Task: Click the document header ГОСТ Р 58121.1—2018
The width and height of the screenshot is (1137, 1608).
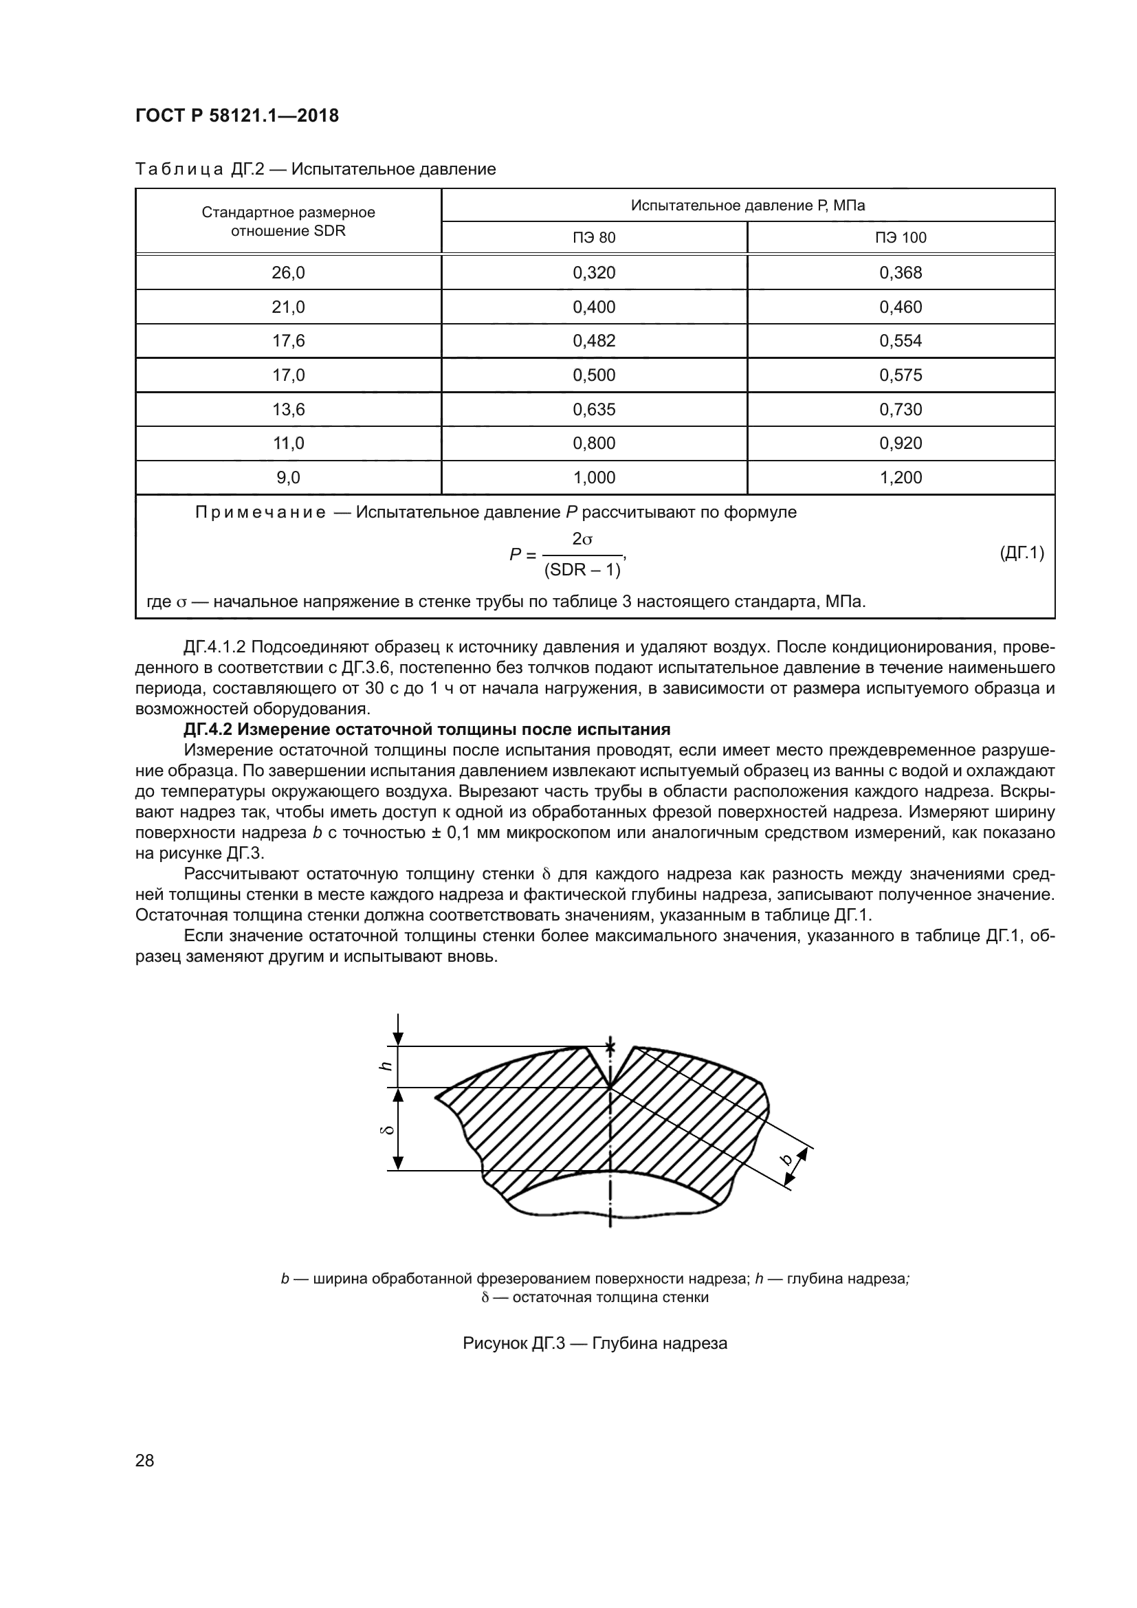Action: click(x=236, y=115)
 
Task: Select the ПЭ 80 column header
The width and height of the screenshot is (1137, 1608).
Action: click(x=594, y=237)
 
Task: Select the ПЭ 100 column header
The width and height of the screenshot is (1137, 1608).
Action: click(x=901, y=237)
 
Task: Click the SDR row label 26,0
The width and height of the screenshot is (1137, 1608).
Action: click(x=288, y=272)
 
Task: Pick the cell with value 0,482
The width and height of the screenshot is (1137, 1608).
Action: click(x=594, y=341)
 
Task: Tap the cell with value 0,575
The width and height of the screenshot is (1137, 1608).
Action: click(x=901, y=375)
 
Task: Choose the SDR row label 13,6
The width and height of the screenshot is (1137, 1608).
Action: click(x=288, y=409)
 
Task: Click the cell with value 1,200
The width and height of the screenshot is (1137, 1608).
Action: click(x=901, y=478)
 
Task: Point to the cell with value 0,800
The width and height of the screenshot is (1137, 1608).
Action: click(x=594, y=443)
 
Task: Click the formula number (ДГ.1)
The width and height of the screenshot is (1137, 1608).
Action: click(x=1022, y=553)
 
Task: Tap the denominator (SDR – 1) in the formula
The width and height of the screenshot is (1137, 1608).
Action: click(x=582, y=570)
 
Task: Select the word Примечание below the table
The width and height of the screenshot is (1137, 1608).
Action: click(x=260, y=513)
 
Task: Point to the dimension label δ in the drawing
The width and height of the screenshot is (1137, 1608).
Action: click(x=384, y=1130)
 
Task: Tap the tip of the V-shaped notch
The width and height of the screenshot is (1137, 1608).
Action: click(x=610, y=1088)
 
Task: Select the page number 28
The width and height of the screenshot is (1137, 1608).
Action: click(x=144, y=1461)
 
